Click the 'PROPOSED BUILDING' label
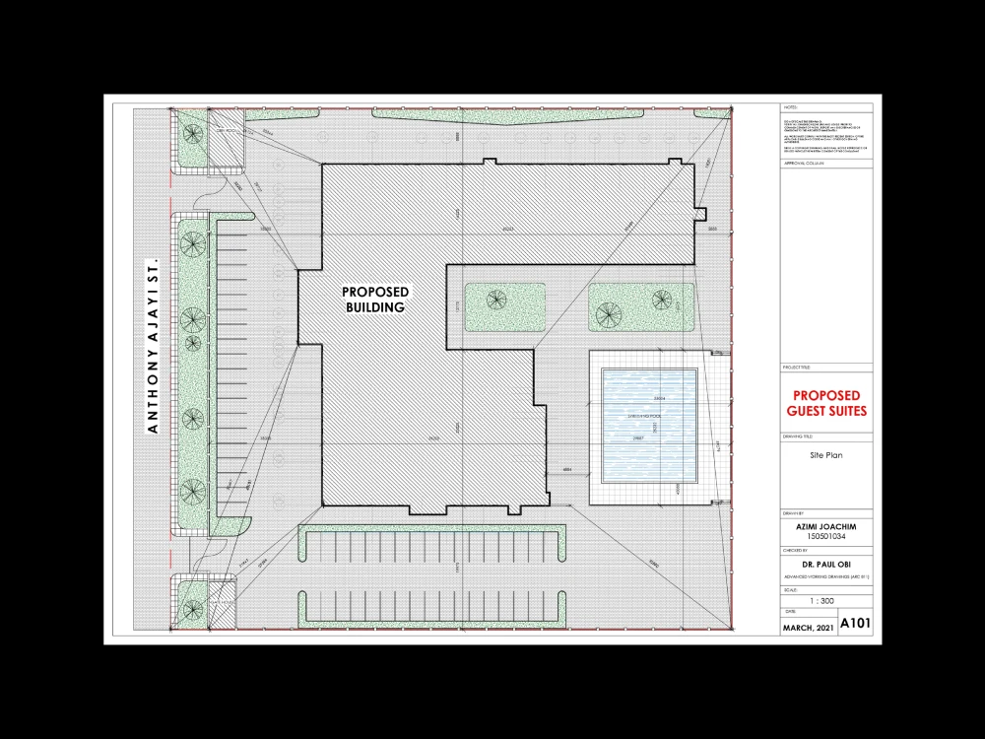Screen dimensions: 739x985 tap(375, 300)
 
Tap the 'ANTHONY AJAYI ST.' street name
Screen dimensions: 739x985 tap(153, 348)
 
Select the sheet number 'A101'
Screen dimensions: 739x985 tap(855, 624)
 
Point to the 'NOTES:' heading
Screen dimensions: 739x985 tap(791, 104)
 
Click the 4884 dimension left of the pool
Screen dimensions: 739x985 tap(567, 470)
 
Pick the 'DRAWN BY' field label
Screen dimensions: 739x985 tap(794, 514)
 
